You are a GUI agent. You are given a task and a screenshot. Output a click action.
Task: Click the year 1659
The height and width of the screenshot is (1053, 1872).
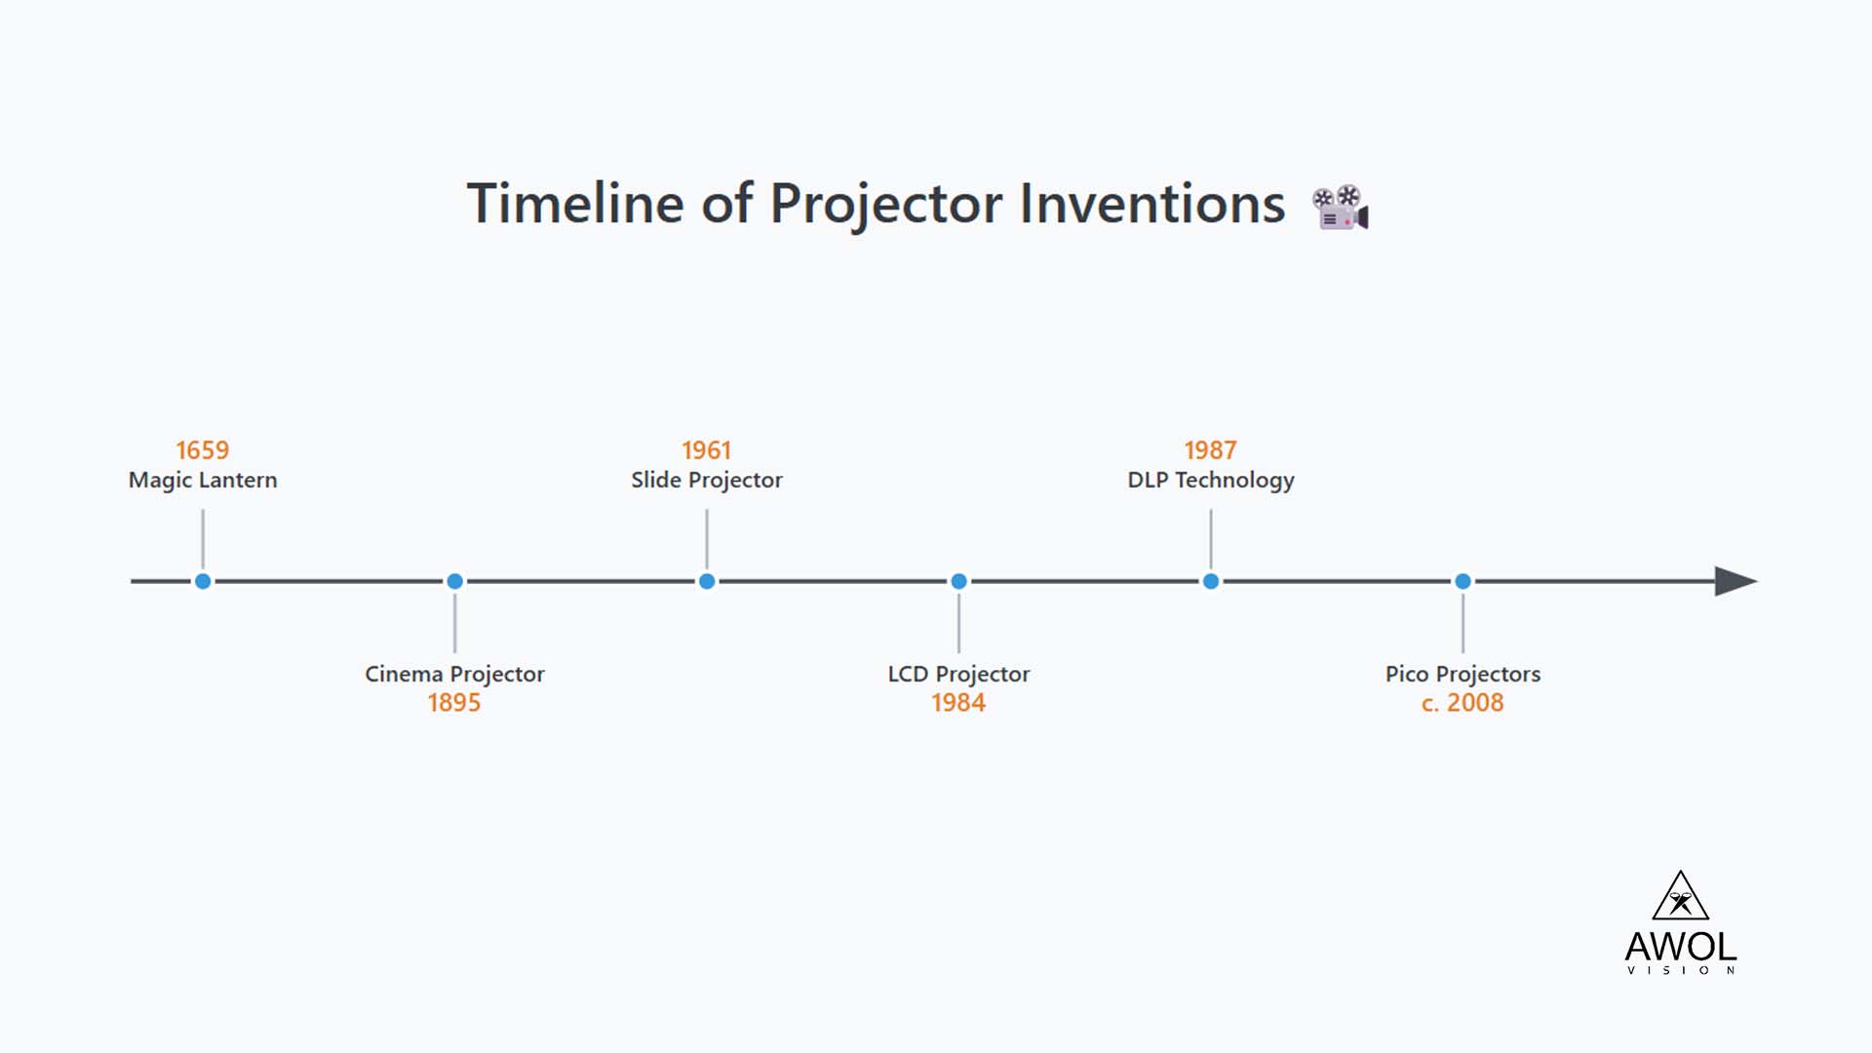(x=202, y=450)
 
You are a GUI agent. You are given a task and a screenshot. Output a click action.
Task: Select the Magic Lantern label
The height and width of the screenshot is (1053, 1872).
(x=203, y=480)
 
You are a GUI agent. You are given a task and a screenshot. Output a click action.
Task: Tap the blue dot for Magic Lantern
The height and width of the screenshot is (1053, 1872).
(x=203, y=582)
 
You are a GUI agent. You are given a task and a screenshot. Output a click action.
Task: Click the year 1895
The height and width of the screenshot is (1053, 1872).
(x=454, y=703)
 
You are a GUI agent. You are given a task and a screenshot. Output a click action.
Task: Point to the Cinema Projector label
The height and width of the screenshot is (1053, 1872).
(x=454, y=674)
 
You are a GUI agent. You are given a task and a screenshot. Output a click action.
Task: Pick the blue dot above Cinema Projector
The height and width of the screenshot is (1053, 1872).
(x=454, y=582)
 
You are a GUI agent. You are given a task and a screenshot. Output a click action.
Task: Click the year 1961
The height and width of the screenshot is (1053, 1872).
(x=706, y=450)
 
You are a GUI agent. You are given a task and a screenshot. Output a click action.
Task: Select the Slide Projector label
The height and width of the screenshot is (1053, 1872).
(x=706, y=480)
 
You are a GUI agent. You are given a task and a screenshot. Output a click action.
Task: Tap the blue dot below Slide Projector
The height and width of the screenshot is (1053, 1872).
(x=707, y=582)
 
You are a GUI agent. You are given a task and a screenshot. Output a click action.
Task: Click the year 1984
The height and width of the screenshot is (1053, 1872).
(x=958, y=703)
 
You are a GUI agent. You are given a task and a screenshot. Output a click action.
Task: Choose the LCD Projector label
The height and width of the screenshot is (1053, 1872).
(x=958, y=674)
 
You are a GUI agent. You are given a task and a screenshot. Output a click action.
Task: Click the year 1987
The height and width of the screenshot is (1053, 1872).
(x=1210, y=450)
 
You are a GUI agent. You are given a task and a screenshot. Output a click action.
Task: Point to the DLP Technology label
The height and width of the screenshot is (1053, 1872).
(x=1210, y=480)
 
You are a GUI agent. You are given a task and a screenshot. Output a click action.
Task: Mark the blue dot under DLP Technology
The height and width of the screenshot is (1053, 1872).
(x=1211, y=582)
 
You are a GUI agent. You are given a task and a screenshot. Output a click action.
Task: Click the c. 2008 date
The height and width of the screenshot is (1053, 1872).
(x=1462, y=703)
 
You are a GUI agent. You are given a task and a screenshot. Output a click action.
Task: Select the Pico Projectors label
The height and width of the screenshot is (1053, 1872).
(x=1462, y=674)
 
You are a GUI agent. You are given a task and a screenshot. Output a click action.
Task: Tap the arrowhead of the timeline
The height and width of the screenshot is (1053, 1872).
(x=1735, y=582)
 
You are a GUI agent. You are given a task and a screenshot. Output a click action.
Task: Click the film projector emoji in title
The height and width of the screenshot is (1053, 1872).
(x=1341, y=208)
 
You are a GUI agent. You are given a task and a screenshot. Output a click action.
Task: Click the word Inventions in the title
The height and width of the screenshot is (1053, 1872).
(x=1152, y=204)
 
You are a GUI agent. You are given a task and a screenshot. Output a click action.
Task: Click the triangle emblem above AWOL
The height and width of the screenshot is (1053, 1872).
(x=1680, y=897)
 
